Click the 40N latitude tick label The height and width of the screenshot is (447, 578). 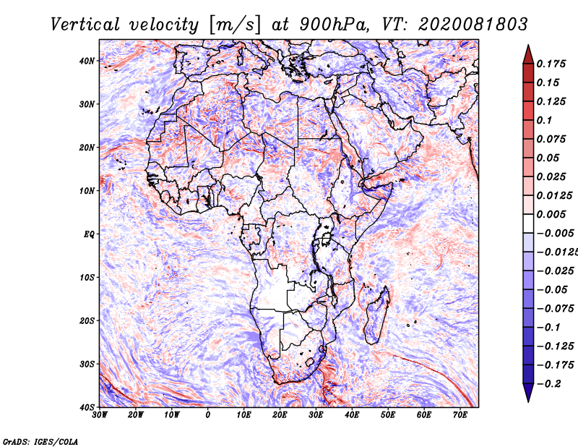[87, 61]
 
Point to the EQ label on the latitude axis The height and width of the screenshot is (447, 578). [89, 234]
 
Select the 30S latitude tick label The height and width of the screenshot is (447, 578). [87, 365]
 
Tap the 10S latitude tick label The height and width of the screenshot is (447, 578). [87, 278]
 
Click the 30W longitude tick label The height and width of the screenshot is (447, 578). [100, 415]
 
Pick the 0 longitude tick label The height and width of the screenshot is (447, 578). [208, 415]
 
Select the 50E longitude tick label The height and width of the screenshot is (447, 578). [388, 415]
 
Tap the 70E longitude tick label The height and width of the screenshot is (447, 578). [460, 415]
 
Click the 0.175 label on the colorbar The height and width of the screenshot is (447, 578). [551, 64]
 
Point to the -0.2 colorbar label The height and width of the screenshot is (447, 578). [549, 384]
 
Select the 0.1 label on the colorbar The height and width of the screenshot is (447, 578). [544, 120]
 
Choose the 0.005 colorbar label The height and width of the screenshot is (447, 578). [551, 214]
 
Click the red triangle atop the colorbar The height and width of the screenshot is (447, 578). [528, 55]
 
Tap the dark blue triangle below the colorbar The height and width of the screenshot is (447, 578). [528, 392]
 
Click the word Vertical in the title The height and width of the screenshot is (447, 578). [85, 25]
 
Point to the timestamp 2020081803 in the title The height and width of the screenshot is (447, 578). [473, 25]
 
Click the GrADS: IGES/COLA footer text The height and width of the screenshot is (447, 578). [40, 441]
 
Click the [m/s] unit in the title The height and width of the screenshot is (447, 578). [235, 25]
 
